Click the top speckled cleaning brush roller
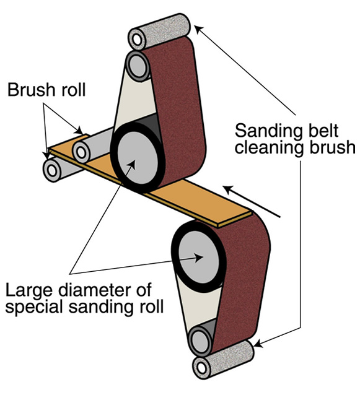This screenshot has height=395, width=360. [159, 32]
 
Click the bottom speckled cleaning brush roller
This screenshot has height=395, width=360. [223, 360]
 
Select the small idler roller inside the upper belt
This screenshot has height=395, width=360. [138, 66]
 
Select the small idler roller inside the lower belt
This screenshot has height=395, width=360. [201, 341]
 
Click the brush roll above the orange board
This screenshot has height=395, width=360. [92, 147]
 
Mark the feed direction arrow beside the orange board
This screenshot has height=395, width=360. [252, 201]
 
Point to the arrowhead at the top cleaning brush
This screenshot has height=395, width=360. [198, 29]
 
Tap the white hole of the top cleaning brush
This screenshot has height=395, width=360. [137, 40]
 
